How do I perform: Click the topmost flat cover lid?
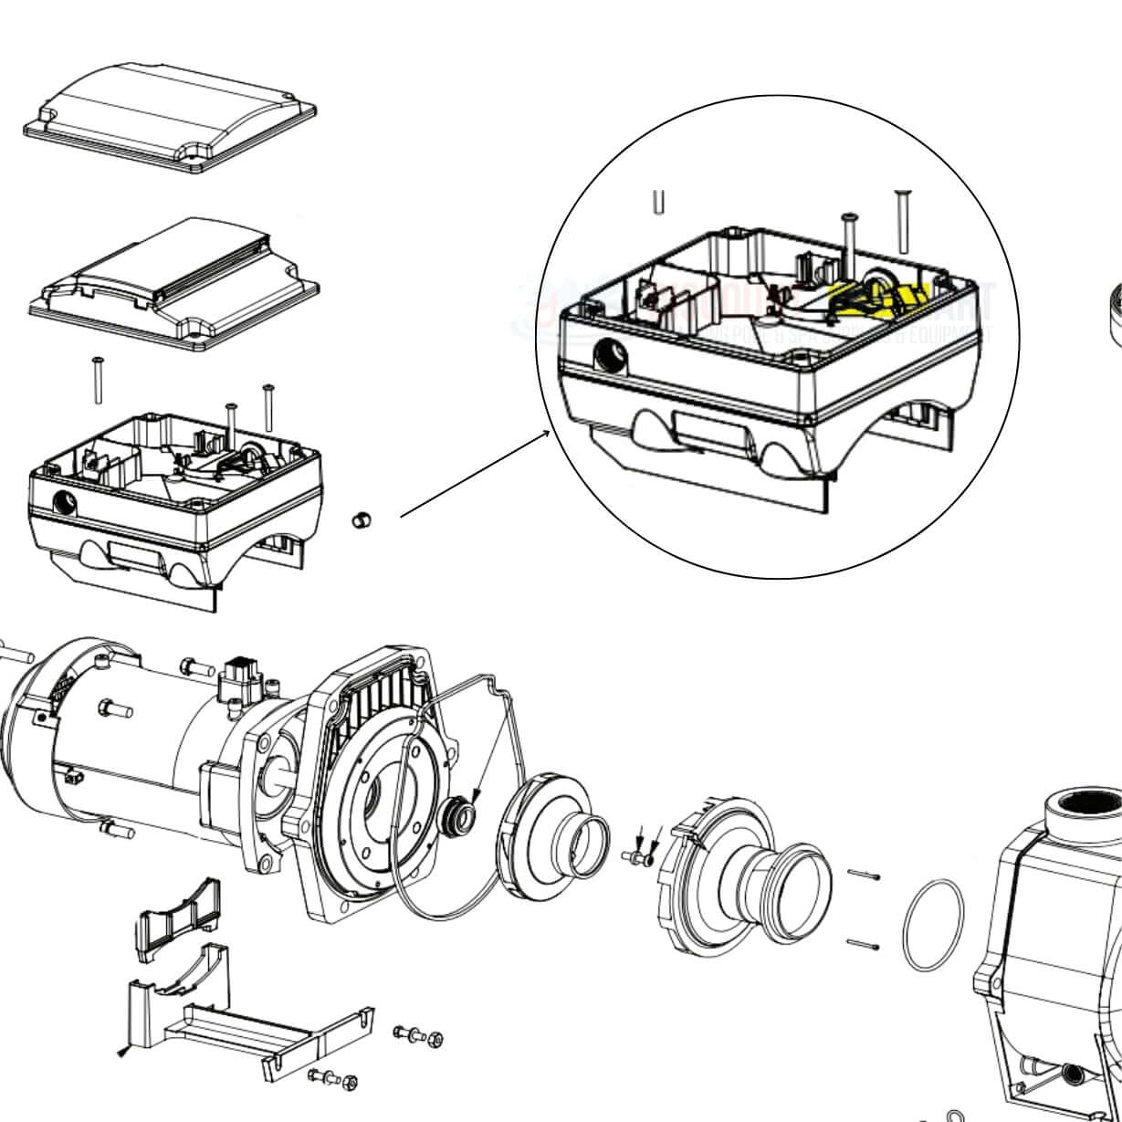click(170, 117)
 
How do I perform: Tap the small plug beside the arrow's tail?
click(362, 521)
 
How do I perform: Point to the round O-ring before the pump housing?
click(932, 926)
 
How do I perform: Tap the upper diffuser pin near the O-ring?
click(863, 876)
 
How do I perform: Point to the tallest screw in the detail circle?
click(903, 220)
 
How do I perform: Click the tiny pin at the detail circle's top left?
click(658, 202)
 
